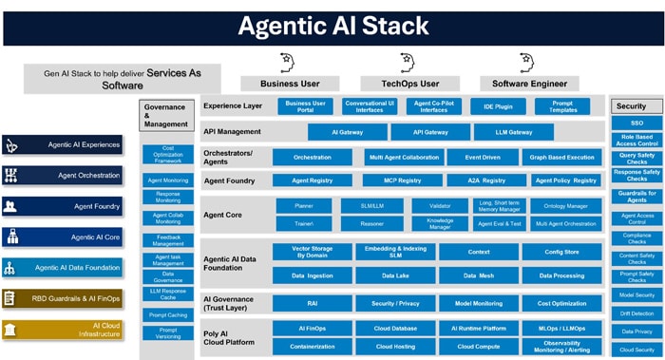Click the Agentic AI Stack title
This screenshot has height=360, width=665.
pyautogui.click(x=332, y=25)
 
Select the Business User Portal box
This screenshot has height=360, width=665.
pyautogui.click(x=305, y=106)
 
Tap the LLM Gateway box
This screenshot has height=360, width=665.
pyautogui.click(x=514, y=132)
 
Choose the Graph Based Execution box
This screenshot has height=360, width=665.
pyautogui.click(x=562, y=157)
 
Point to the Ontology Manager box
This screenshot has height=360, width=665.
pyautogui.click(x=565, y=205)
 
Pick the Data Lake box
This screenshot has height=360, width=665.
pyautogui.click(x=395, y=275)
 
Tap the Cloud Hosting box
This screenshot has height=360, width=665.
pyautogui.click(x=395, y=348)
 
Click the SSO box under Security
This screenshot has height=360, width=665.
pyautogui.click(x=636, y=123)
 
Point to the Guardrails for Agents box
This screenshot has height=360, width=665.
pyautogui.click(x=636, y=196)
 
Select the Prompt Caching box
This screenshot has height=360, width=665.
pyautogui.click(x=168, y=314)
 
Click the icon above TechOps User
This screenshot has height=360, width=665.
pyautogui.click(x=409, y=64)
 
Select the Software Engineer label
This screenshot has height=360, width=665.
pyautogui.click(x=529, y=84)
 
